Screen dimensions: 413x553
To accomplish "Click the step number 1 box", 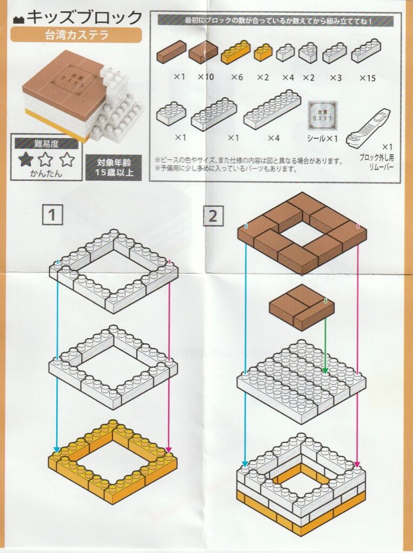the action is click(52, 214).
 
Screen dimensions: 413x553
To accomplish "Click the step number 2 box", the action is click(213, 215).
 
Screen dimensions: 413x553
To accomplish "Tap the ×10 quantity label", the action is click(205, 77).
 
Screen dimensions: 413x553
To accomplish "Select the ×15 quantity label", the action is click(368, 78).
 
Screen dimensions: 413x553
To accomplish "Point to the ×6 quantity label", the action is click(237, 77).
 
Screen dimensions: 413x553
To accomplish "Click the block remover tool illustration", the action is click(368, 128).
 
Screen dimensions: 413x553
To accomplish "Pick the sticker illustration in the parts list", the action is click(322, 116).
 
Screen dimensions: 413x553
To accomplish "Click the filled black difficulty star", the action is click(26, 160).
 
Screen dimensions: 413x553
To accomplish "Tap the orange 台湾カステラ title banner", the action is click(76, 35).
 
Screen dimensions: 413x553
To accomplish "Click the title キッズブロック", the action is click(84, 17).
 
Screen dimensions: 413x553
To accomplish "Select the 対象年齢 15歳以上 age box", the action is click(114, 167).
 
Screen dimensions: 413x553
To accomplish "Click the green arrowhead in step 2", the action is click(325, 370).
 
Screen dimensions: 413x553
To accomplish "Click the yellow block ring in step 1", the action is click(112, 457).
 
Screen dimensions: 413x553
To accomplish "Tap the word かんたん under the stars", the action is click(46, 173).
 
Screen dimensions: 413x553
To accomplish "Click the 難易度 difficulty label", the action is click(46, 144).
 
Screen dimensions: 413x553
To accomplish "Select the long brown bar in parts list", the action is click(171, 52).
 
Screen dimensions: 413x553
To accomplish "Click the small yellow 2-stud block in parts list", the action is click(263, 52).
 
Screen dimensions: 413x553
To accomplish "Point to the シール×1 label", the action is click(322, 139).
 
